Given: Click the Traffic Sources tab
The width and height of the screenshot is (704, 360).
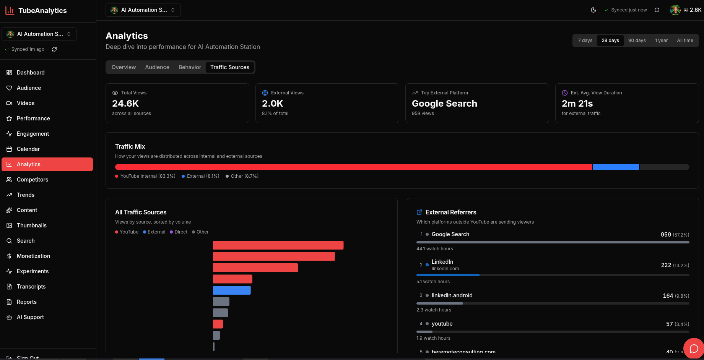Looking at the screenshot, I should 229,67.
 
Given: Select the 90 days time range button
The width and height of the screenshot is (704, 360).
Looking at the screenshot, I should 637,41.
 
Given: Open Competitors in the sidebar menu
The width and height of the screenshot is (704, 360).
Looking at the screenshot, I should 32,180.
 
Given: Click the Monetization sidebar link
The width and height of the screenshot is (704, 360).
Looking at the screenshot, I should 33,256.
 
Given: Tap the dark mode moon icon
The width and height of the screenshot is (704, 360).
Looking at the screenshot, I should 593,10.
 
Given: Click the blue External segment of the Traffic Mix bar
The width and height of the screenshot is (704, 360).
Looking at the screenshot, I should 616,167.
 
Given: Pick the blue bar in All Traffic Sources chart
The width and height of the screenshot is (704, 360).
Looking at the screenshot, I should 232,290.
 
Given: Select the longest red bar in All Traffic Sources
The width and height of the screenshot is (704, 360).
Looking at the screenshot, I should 278,245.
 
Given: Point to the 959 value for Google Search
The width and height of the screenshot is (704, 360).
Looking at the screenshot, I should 665,235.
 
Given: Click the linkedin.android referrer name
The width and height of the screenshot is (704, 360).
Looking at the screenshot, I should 452,295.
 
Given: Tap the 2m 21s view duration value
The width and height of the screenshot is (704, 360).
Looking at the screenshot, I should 577,104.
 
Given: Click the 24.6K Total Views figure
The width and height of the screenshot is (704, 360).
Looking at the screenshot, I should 125,104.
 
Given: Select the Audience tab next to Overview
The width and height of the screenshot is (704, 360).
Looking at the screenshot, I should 157,67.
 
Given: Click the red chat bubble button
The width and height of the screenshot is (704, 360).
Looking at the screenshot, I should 694,348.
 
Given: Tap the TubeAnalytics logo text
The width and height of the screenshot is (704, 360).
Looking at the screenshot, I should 42,11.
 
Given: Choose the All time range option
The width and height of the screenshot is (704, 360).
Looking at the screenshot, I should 684,41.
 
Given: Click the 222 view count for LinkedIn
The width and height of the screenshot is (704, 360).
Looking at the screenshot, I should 666,265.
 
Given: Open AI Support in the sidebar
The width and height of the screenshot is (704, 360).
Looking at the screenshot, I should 30,317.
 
